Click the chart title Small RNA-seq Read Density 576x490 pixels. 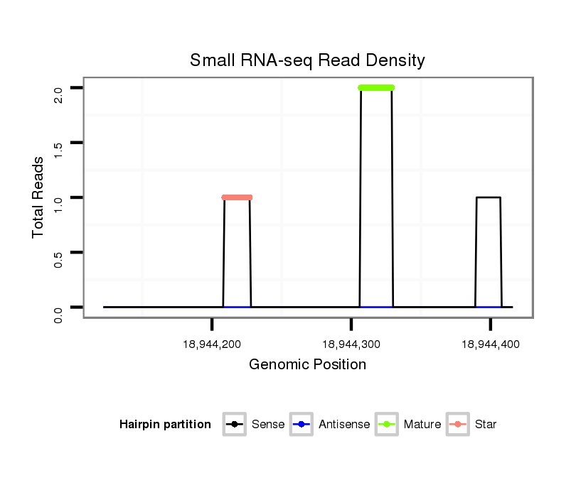tap(307, 60)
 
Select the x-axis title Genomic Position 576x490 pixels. tap(307, 365)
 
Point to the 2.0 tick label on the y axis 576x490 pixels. tap(59, 94)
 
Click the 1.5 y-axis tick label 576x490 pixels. tap(59, 148)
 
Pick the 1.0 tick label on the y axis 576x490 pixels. tap(59, 203)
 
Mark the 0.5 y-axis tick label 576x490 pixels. tap(59, 258)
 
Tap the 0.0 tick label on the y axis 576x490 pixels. tap(59, 313)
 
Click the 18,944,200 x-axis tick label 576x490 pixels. tap(212, 344)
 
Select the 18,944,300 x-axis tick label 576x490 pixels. tap(351, 344)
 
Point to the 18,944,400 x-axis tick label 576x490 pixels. tap(491, 344)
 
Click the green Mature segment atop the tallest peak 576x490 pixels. tap(376, 88)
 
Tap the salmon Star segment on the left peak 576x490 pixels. tap(237, 197)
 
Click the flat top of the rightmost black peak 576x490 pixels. tap(489, 197)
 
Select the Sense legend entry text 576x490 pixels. tap(268, 425)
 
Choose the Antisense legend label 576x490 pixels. tap(344, 425)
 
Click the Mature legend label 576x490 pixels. tap(422, 425)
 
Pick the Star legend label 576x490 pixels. tap(486, 425)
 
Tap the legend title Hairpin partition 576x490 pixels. tap(165, 425)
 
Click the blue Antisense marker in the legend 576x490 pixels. tap(302, 425)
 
